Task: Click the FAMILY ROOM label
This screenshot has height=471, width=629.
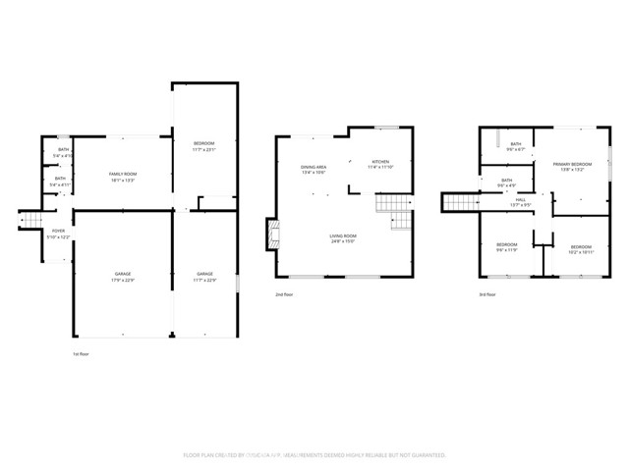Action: click(123, 173)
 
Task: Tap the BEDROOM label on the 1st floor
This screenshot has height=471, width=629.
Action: click(203, 143)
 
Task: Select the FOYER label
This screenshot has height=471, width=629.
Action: click(58, 231)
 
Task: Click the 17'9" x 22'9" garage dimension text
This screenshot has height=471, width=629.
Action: click(123, 279)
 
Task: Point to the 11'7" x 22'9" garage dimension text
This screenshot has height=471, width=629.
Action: click(204, 279)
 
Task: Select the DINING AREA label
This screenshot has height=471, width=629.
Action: click(314, 167)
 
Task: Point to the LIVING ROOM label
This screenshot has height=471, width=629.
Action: click(342, 235)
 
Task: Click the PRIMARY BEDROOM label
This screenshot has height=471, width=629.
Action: click(571, 164)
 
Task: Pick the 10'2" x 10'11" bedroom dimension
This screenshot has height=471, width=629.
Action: click(581, 251)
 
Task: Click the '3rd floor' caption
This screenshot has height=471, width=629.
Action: click(487, 293)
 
